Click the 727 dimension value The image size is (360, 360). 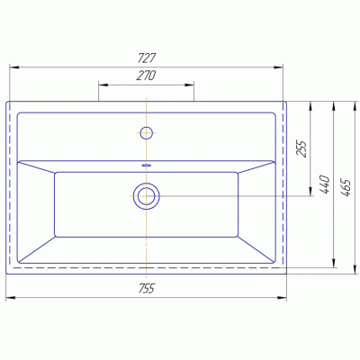point(147,58)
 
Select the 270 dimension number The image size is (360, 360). point(146,76)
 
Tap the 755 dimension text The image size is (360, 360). point(147,289)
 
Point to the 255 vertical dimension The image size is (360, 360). point(301,148)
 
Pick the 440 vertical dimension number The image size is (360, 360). point(325,184)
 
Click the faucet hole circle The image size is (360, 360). point(147,132)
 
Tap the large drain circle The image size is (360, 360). point(147,196)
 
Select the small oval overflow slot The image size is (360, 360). point(147,165)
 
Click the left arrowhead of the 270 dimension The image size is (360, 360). point(103,85)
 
